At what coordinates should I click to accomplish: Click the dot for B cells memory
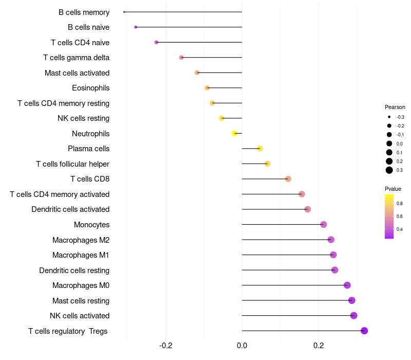pos(124,12)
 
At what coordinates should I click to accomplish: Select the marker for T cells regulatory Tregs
pos(364,331)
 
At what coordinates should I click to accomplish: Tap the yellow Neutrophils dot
pos(235,133)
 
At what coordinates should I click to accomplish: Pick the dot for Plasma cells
pos(260,149)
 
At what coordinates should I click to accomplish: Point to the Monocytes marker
pos(324,224)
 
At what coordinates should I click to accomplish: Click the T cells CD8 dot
pos(288,179)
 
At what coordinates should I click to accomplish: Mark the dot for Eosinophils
pos(207,88)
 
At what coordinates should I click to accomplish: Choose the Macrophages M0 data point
pos(347,285)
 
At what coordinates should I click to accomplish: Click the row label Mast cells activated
pos(77,73)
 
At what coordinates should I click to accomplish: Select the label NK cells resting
pos(83,118)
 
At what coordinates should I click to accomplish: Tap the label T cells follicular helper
pos(72,164)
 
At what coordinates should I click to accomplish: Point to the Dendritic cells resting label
pos(74,271)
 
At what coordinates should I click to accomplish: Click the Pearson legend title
pos(395,107)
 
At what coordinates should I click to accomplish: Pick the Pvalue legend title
pos(393,189)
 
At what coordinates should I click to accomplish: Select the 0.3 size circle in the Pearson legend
pos(389,170)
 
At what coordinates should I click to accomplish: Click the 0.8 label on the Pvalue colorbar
pos(400,204)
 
